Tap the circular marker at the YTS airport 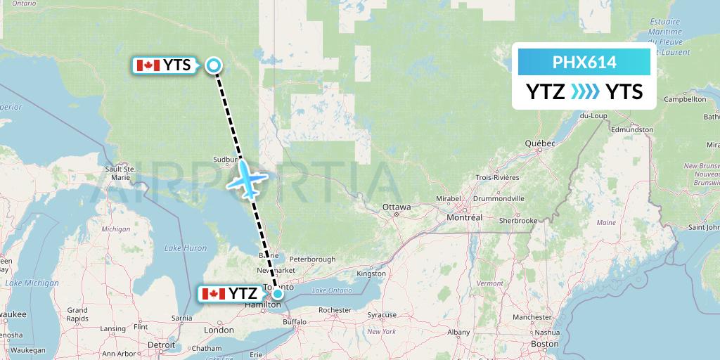pyautogui.click(x=214, y=65)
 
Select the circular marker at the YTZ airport pyautogui.click(x=278, y=294)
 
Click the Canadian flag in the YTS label pyautogui.click(x=148, y=65)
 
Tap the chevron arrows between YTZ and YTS pyautogui.click(x=584, y=91)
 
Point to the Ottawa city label pyautogui.click(x=397, y=207)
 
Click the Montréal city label pyautogui.click(x=464, y=217)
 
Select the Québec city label pyautogui.click(x=540, y=143)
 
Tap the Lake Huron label pyautogui.click(x=186, y=247)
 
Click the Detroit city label pyautogui.click(x=161, y=345)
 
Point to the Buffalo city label pyautogui.click(x=295, y=322)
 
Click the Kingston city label pyautogui.click(x=372, y=273)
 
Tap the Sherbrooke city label pyautogui.click(x=519, y=220)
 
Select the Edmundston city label pyautogui.click(x=632, y=129)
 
